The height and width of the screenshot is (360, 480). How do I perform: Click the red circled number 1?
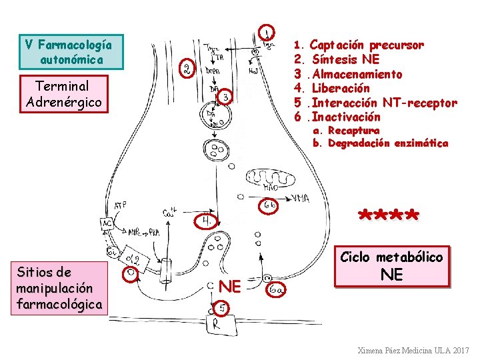[267, 33]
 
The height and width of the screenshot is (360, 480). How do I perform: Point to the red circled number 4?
[207, 220]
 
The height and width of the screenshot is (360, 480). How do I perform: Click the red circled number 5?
[223, 307]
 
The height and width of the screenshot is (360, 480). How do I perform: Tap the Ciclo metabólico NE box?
[392, 265]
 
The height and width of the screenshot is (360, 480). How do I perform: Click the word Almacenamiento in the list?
[357, 74]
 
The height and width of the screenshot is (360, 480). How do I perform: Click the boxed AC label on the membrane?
[107, 223]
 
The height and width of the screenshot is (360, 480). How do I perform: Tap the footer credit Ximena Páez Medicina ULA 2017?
[413, 350]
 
